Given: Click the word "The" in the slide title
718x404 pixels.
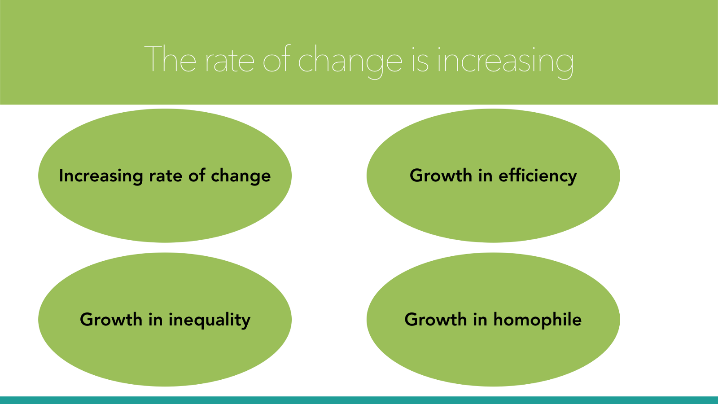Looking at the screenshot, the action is point(170,59).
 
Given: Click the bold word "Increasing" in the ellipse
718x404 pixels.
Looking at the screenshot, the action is point(101,176).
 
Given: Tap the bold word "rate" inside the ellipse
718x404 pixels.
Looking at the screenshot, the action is point(166,176).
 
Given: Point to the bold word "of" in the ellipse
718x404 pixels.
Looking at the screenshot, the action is point(197,176).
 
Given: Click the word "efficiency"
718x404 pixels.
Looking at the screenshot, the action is point(538,176).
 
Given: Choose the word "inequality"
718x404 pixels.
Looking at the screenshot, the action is point(209,320).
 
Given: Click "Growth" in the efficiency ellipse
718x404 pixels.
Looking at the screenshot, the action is point(441,176).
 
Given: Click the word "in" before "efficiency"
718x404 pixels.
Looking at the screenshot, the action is point(485,176).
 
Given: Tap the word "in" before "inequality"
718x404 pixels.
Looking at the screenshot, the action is point(155,320).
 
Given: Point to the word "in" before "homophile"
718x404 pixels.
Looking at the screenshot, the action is point(480,320).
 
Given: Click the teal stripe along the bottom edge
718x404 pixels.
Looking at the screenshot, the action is point(359,400).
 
